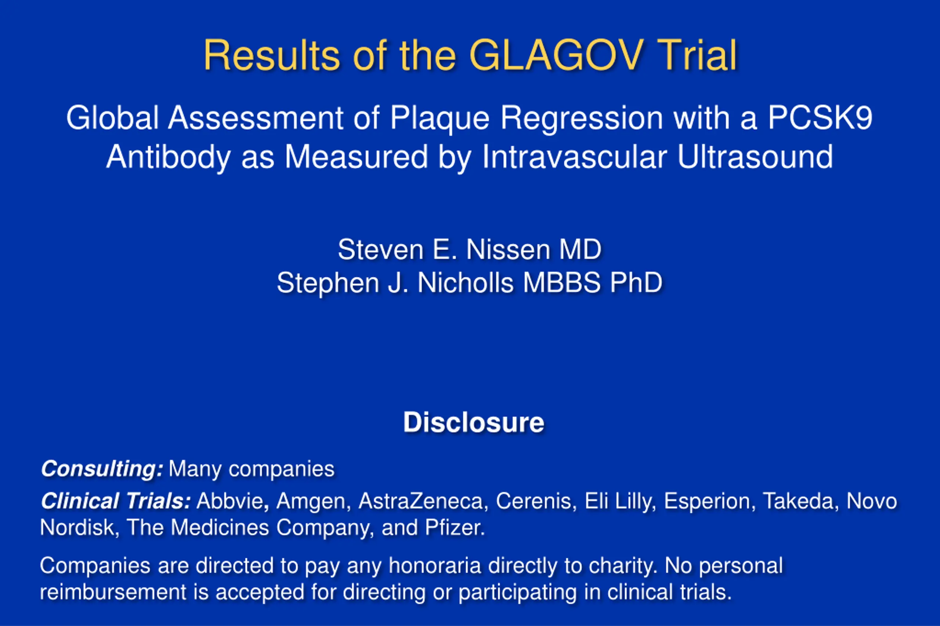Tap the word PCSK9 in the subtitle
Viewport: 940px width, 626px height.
(x=820, y=118)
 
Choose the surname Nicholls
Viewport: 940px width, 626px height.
(x=465, y=283)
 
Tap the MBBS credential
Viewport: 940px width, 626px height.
(x=561, y=283)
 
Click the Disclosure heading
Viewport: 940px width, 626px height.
(x=474, y=422)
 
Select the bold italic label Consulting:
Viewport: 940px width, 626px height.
(x=102, y=469)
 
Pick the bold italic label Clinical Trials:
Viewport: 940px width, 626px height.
(x=116, y=501)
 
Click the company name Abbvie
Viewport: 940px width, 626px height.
(x=230, y=501)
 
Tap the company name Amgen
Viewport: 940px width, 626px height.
(x=311, y=502)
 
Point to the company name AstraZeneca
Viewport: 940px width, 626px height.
(x=421, y=501)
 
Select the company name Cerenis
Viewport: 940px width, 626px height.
(x=534, y=501)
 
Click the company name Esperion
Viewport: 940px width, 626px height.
(x=707, y=502)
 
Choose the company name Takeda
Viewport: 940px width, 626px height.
(x=798, y=501)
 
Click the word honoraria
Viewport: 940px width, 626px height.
(x=435, y=566)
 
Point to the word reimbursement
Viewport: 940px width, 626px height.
(x=113, y=592)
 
